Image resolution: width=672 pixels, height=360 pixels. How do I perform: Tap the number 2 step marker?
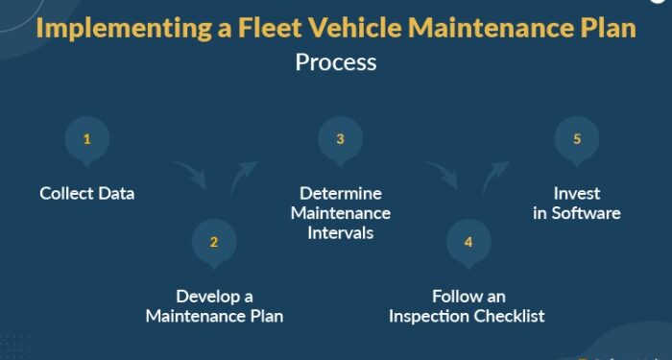click(x=214, y=241)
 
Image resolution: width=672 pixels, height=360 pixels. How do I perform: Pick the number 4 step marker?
click(x=468, y=241)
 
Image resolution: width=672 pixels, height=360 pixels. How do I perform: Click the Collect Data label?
click(x=87, y=193)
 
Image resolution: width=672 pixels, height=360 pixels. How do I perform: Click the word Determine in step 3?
click(x=340, y=193)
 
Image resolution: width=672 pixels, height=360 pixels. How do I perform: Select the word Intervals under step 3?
click(x=340, y=232)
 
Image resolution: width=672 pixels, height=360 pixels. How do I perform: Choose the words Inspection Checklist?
click(x=468, y=316)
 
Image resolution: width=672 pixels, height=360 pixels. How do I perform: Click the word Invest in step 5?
click(x=576, y=193)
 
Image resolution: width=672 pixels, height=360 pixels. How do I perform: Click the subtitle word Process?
click(x=336, y=62)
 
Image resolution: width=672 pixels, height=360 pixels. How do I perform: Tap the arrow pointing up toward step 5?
click(x=494, y=176)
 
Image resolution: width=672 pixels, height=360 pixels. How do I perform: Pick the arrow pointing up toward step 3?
click(x=243, y=177)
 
